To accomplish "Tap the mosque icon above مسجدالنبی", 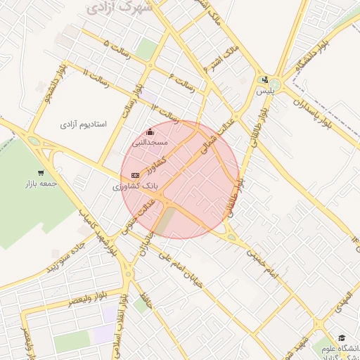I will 149,131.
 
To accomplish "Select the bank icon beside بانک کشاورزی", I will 135,175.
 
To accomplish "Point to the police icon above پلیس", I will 264,79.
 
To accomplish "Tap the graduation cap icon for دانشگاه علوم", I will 342,338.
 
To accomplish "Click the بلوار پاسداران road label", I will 314,110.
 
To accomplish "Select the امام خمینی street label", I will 262,262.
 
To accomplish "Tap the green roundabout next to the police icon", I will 274,86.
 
